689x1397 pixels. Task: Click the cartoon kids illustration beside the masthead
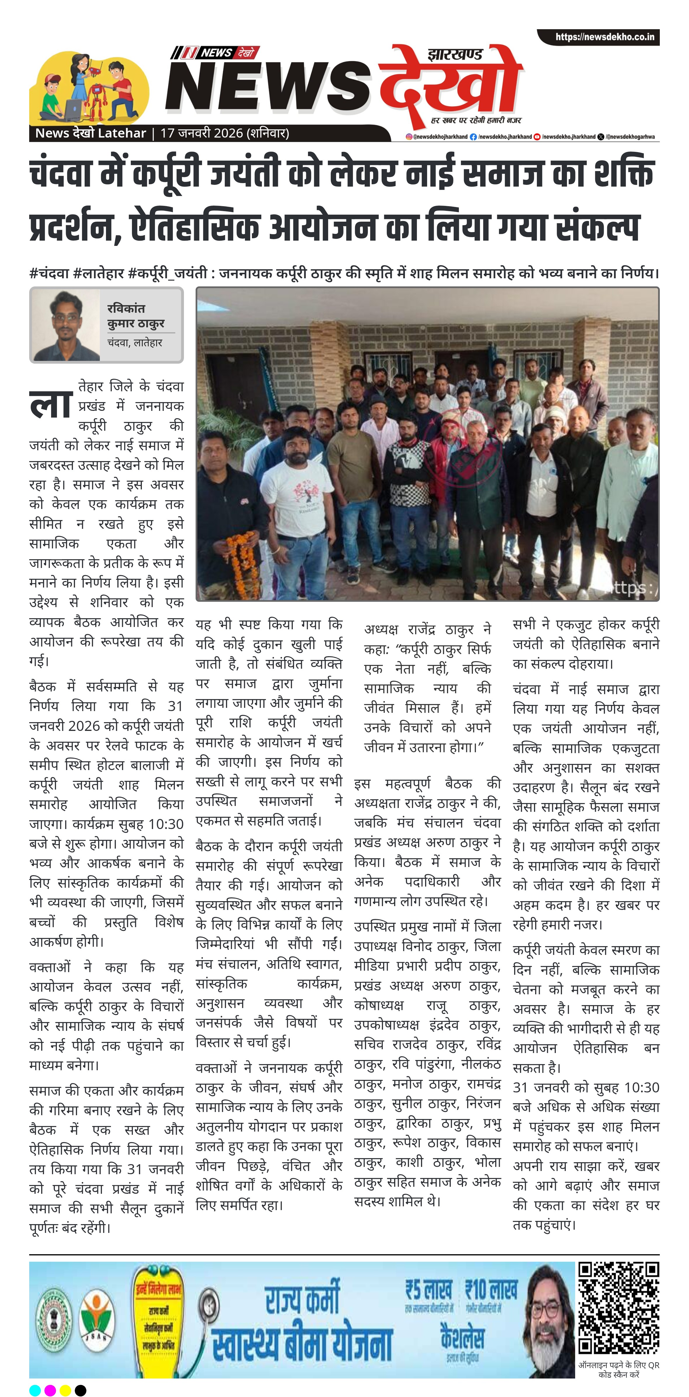[89, 87]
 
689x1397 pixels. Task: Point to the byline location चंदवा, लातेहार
[134, 343]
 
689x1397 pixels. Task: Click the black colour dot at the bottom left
[80, 1390]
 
